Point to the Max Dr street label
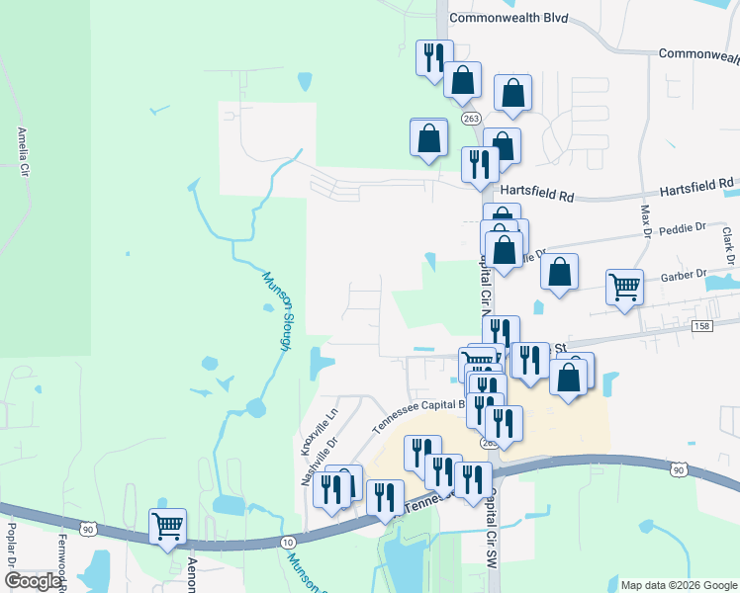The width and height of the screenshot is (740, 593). [645, 221]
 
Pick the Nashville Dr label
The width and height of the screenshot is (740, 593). [307, 465]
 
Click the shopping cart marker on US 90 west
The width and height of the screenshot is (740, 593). [168, 525]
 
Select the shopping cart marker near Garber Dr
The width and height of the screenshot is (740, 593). [624, 287]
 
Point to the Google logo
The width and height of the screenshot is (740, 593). [33, 582]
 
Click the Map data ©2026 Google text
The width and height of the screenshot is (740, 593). [679, 585]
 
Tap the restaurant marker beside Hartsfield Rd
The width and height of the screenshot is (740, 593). [480, 164]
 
